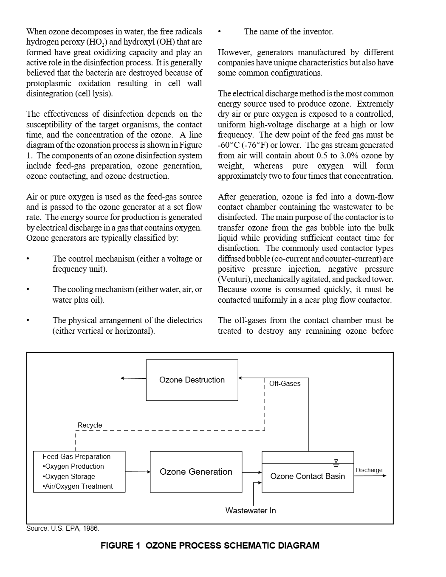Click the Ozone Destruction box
click(192, 380)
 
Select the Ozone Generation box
click(196, 472)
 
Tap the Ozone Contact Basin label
click(308, 476)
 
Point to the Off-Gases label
click(285, 384)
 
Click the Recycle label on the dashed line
click(90, 425)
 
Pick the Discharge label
click(369, 470)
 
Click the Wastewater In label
click(251, 511)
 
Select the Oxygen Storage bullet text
click(70, 477)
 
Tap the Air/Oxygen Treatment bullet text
click(79, 487)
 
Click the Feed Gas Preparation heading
click(76, 457)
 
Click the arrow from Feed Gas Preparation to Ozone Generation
click(138, 472)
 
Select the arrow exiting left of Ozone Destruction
click(133, 378)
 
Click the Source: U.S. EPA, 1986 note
click(62, 529)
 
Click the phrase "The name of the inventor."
click(289, 32)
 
